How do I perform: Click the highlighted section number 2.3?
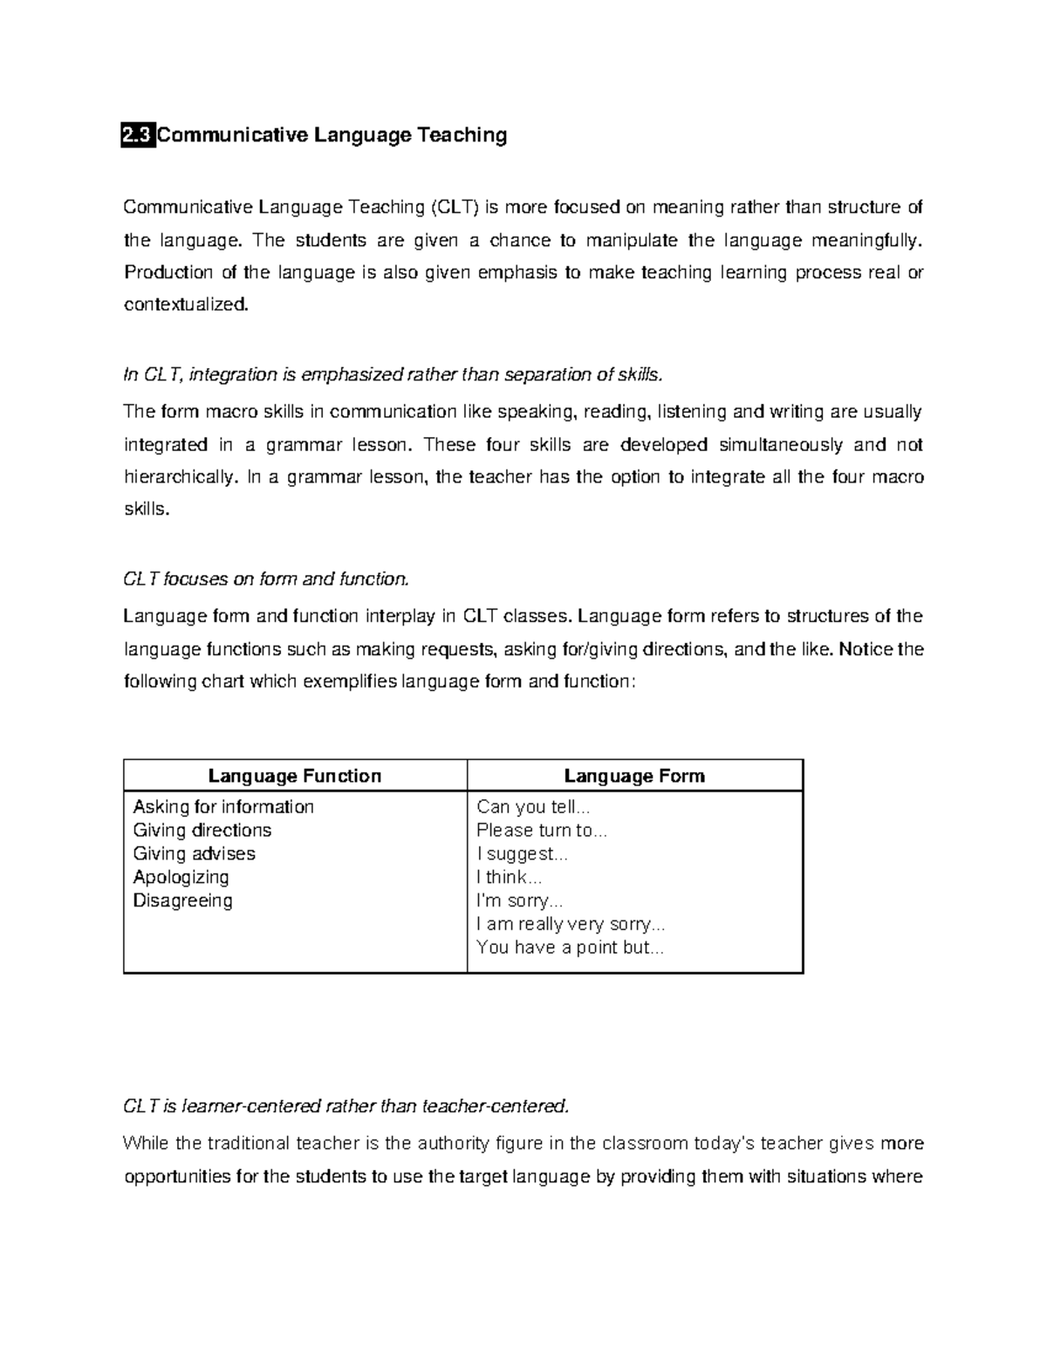coord(138,135)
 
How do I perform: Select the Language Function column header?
coord(295,776)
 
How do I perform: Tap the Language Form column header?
coord(634,776)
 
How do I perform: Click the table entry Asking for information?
coord(223,806)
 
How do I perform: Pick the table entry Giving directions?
coord(202,830)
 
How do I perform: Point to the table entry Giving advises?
coord(195,853)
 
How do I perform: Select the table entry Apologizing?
coord(181,877)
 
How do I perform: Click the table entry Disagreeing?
coord(182,900)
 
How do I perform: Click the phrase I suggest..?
coord(522,853)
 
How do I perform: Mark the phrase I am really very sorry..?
coord(571,924)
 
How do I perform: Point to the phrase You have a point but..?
coord(570,948)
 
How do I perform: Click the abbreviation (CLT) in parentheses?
coord(454,208)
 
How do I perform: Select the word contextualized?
coord(186,305)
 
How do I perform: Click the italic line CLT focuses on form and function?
coord(265,578)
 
